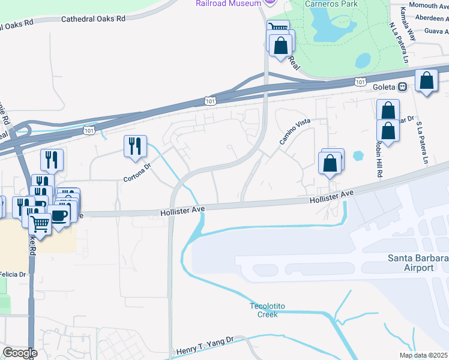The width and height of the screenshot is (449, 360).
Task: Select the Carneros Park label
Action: tap(331, 4)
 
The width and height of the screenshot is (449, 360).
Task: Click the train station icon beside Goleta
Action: tap(403, 86)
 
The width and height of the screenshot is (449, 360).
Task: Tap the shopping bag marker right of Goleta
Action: tap(426, 82)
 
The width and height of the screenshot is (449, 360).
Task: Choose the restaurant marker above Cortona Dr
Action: tap(135, 146)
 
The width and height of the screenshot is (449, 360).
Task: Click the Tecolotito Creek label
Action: tap(264, 310)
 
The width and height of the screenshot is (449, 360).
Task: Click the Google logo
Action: tap(20, 352)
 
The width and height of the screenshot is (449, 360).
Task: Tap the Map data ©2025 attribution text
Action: tap(424, 355)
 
